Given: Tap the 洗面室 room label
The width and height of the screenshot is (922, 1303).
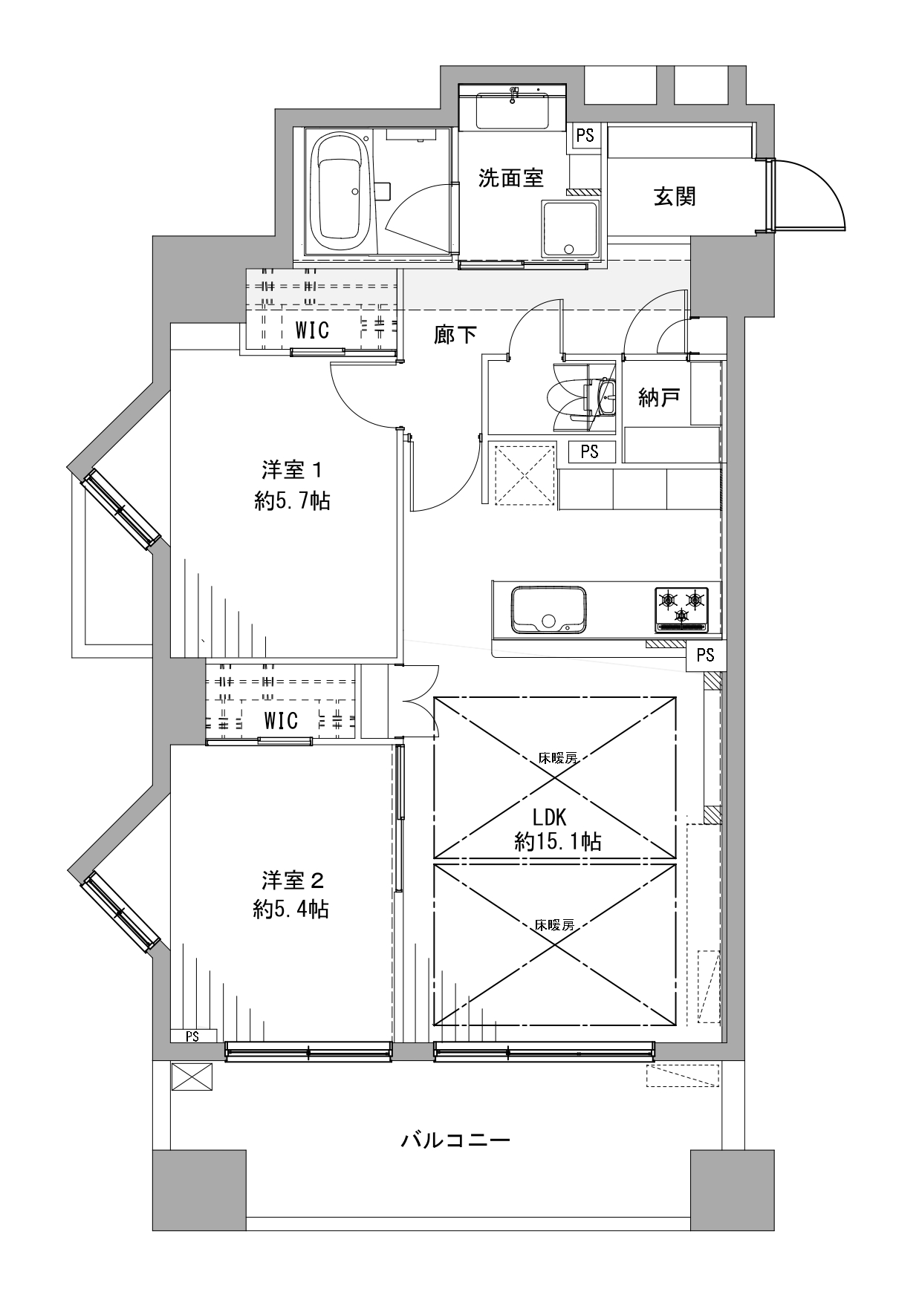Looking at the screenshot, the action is [x=510, y=177].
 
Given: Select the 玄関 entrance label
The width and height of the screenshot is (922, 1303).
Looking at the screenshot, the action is [x=675, y=196].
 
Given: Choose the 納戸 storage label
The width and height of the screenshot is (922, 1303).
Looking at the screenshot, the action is [x=660, y=398].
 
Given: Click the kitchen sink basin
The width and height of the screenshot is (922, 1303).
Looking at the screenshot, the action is [x=548, y=610].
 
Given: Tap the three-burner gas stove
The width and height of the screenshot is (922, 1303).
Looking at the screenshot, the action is [x=681, y=609].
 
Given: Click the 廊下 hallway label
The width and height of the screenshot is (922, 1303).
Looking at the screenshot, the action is [x=455, y=335].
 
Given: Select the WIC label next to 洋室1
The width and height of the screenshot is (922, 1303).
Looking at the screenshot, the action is [x=312, y=330].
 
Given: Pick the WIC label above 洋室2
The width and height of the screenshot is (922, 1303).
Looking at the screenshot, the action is [x=281, y=720].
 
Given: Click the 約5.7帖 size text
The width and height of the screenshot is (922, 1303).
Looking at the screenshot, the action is [x=292, y=501].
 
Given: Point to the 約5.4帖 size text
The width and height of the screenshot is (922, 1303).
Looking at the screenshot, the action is [x=291, y=910].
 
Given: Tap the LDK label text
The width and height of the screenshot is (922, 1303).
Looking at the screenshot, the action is [x=550, y=818].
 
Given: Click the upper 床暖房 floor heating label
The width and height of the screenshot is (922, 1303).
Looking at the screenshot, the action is [x=558, y=758].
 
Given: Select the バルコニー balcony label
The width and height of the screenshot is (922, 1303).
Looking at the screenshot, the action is [x=455, y=1140].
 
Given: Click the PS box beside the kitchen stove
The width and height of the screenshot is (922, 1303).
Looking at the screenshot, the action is [x=706, y=655].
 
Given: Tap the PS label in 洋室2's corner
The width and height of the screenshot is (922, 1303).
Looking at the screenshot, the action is [x=192, y=1036].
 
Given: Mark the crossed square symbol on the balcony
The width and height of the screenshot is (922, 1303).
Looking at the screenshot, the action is [x=192, y=1077].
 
